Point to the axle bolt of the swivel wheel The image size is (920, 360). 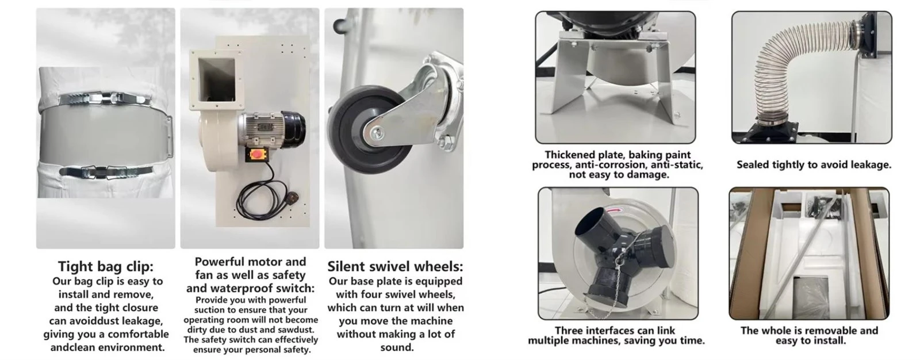pos(376,133)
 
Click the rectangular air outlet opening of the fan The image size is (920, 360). pos(216,80)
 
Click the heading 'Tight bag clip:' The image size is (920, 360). pos(106,267)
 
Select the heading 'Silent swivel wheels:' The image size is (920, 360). pos(395,267)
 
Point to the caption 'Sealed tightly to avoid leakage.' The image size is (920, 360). pos(814,165)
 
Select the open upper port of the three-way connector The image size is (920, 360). pos(590,224)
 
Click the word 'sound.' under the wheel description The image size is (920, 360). pos(396,348)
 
